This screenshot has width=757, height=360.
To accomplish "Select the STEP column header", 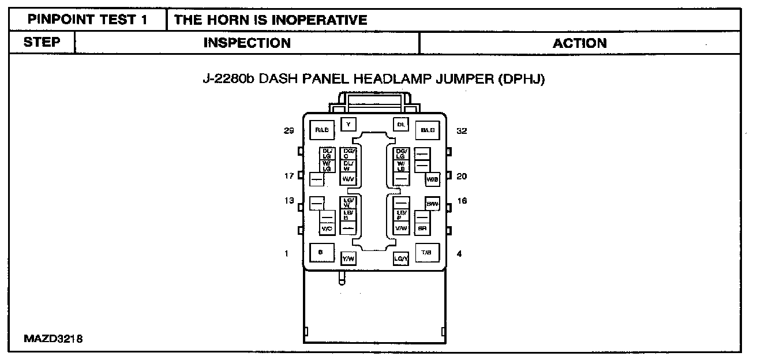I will click(x=42, y=43).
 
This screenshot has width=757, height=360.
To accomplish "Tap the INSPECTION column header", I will click(x=247, y=43).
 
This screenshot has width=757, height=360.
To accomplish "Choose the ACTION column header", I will click(x=579, y=43).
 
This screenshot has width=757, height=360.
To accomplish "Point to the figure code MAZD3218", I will click(x=53, y=339).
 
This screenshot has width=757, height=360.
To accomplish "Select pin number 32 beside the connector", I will click(x=462, y=131).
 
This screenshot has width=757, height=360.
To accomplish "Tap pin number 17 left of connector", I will click(x=289, y=176).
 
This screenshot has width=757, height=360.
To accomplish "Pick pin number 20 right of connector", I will click(x=462, y=177).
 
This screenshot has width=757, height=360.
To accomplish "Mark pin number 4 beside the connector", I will click(x=459, y=253).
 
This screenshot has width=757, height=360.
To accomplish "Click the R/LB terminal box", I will click(x=321, y=131).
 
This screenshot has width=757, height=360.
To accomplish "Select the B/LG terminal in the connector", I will click(x=428, y=131).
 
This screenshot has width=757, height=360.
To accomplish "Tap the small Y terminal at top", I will click(x=348, y=123).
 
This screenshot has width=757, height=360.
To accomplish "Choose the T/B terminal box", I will click(x=426, y=253).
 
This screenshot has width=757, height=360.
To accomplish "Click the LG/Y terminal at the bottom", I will click(x=401, y=260).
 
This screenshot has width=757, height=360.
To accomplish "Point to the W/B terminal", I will click(x=433, y=179).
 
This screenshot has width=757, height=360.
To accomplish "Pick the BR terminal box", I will click(x=422, y=228).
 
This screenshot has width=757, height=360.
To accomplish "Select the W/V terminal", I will click(x=348, y=179).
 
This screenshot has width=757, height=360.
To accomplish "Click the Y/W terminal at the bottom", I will click(x=348, y=259).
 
